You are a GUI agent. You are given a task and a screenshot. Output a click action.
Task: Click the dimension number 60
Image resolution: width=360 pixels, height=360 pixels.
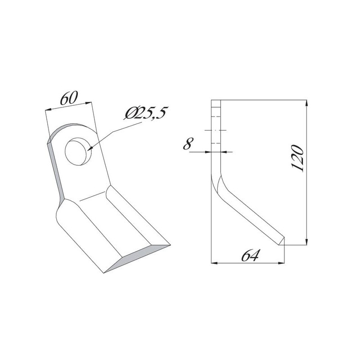pos(69,98)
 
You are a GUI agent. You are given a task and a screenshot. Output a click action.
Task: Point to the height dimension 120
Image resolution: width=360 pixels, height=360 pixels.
pos(298,158)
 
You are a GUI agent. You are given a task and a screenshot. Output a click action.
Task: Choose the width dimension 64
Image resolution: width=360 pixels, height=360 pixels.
pos(250,256)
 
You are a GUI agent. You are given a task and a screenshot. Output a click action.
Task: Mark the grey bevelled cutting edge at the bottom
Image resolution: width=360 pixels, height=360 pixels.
pos(137,259)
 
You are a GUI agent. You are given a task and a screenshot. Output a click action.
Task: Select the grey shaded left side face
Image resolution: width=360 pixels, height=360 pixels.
pos(56,171)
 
